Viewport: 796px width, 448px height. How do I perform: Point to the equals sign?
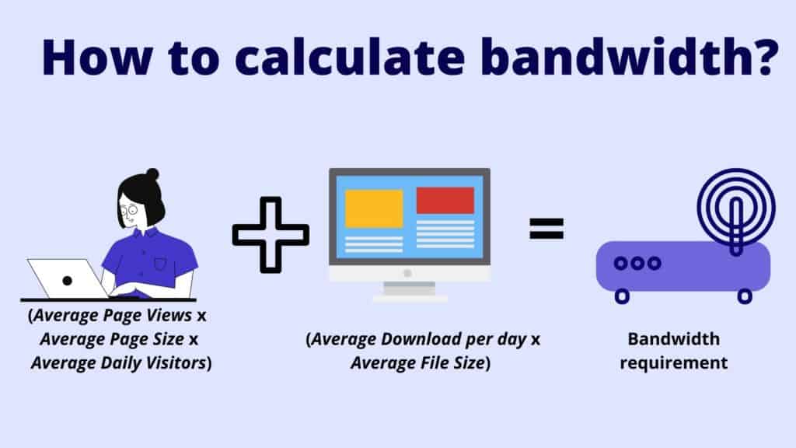pyautogui.click(x=546, y=228)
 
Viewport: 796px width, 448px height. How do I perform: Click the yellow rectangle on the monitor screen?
pyautogui.click(x=374, y=208)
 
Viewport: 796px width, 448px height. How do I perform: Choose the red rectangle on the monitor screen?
pyautogui.click(x=445, y=200)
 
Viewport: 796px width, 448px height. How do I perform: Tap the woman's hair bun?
pyautogui.click(x=152, y=174)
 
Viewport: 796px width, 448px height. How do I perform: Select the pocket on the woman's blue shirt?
pyautogui.click(x=160, y=264)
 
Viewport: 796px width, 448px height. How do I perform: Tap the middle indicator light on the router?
pyautogui.click(x=637, y=263)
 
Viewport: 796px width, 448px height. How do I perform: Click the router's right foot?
pyautogui.click(x=745, y=296)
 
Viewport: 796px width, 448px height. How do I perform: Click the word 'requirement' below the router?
pyautogui.click(x=674, y=362)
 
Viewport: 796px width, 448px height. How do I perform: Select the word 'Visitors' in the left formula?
pyautogui.click(x=176, y=362)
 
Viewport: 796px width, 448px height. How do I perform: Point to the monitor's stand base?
pyautogui.click(x=410, y=297)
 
